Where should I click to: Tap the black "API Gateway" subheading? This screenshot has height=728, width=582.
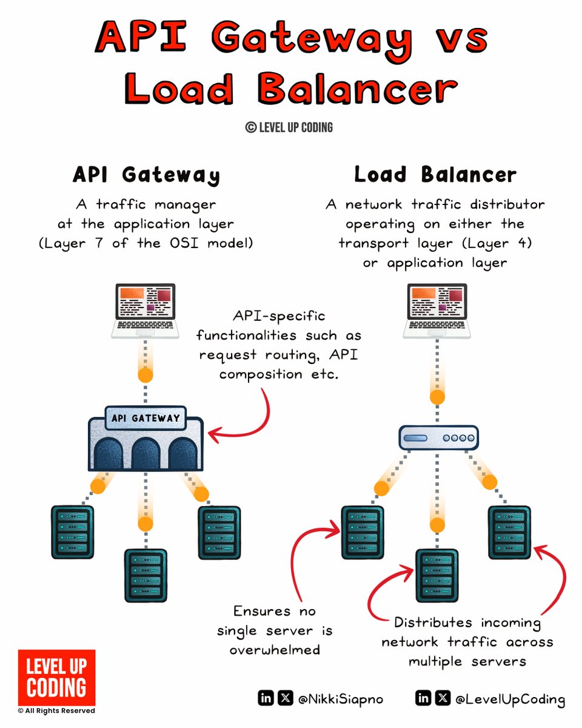click(x=146, y=175)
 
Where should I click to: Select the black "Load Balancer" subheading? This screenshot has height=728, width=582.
click(x=435, y=175)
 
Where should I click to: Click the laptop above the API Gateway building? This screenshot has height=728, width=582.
click(x=146, y=309)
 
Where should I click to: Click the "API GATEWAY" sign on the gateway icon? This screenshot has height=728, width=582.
click(x=145, y=417)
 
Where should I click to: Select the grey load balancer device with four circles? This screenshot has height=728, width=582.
click(x=438, y=437)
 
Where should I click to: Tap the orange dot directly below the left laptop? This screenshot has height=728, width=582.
click(x=145, y=375)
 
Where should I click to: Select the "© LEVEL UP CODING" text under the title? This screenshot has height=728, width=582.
click(x=289, y=127)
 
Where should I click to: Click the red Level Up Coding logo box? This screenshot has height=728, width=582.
click(x=56, y=677)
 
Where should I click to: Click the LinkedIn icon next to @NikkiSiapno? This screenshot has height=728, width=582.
click(x=266, y=699)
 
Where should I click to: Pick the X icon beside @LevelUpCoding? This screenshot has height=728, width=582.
click(x=443, y=699)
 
